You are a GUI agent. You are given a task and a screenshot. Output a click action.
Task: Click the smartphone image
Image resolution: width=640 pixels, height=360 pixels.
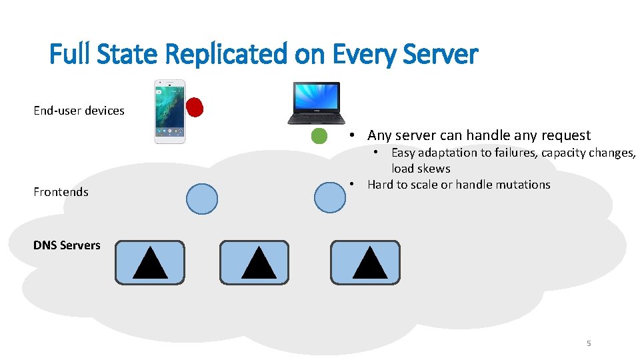click(x=169, y=111)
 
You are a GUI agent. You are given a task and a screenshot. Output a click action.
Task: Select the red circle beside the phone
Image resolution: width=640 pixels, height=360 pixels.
click(x=195, y=107)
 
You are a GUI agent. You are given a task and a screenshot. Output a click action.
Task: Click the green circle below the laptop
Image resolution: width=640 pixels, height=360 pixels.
click(x=319, y=136)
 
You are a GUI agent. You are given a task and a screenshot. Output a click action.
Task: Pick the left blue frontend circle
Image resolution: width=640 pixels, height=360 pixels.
click(x=201, y=198)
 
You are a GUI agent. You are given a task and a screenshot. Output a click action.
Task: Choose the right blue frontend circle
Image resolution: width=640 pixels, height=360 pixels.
click(x=329, y=197)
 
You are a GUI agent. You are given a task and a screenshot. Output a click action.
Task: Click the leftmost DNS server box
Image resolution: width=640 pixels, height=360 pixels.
click(x=149, y=263)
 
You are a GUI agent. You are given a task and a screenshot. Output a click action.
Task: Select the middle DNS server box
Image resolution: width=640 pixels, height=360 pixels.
click(x=254, y=263)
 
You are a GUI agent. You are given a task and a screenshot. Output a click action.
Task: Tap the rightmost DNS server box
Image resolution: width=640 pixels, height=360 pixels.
click(x=365, y=263)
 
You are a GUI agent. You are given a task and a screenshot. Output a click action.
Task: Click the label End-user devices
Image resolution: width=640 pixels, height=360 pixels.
click(x=79, y=111)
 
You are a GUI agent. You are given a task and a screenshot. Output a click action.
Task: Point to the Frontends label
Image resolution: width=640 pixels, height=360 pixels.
click(x=61, y=192)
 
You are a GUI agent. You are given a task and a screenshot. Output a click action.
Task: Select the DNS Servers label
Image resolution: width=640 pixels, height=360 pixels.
click(x=67, y=245)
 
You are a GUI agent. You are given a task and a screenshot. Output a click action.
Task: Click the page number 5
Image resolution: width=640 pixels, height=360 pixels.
click(x=589, y=343)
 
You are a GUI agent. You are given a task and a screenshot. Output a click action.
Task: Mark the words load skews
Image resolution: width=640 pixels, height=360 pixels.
click(x=421, y=169)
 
